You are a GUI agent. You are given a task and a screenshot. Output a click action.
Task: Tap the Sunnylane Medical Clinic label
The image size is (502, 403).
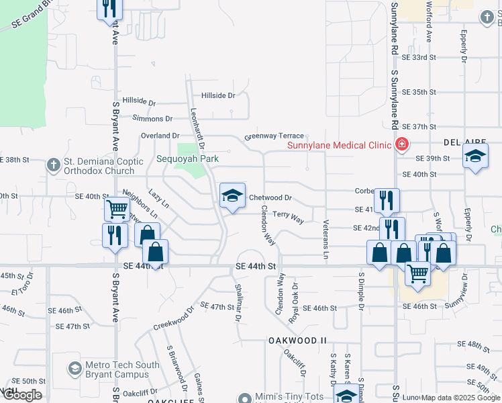[x=340, y=145]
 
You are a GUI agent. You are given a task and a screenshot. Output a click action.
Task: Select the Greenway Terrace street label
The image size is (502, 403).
[x=274, y=136]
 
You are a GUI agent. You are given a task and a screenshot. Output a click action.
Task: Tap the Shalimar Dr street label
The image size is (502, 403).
[x=238, y=302]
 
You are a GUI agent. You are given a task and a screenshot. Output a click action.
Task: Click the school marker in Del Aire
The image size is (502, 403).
[x=475, y=157]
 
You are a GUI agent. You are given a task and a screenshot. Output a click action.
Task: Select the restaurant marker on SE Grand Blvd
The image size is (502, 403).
[x=109, y=9]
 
